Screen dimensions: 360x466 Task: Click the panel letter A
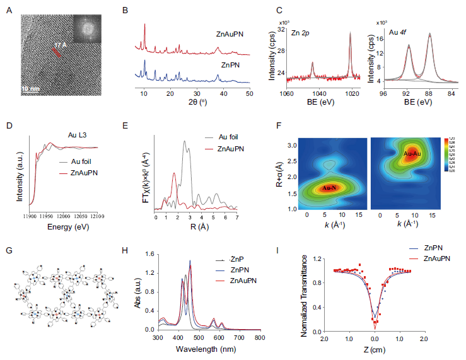pyautogui.click(x=8, y=11)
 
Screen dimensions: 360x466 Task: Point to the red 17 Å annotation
pyautogui.click(x=60, y=45)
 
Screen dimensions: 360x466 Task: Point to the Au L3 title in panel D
pyautogui.click(x=78, y=135)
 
